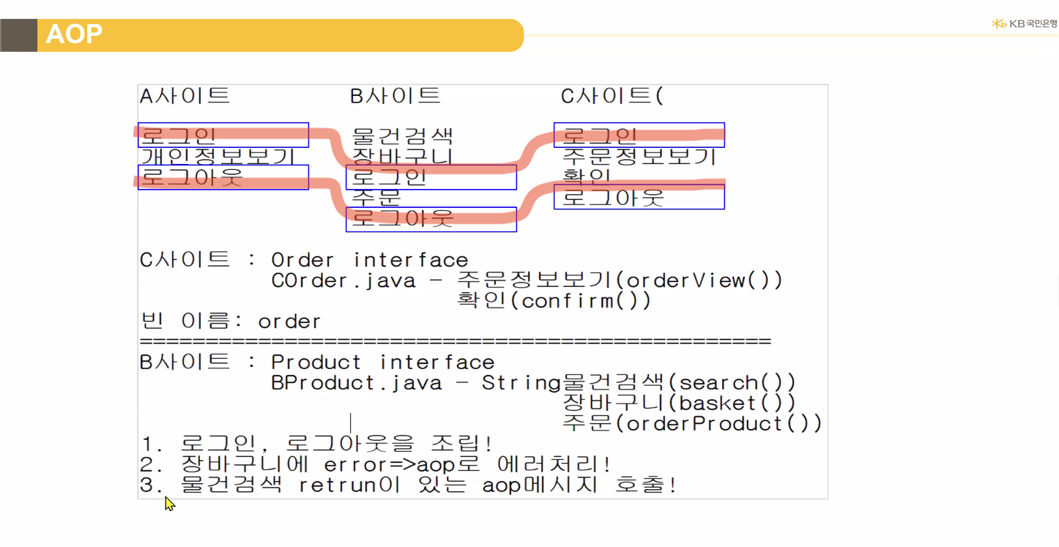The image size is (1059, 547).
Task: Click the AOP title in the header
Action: [x=74, y=34]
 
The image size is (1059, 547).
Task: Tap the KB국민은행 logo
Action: [x=1024, y=23]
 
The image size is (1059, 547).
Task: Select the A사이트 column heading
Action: [x=185, y=95]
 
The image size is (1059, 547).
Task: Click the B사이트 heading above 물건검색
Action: [x=395, y=95]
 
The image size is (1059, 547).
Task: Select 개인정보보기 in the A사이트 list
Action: [x=218, y=156]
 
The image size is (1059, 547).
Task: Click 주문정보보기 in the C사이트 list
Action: [x=639, y=156]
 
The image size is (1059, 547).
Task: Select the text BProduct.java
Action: [x=357, y=383]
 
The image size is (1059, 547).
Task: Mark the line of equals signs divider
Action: [x=455, y=341]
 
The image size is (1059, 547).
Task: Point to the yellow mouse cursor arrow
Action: [x=169, y=503]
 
